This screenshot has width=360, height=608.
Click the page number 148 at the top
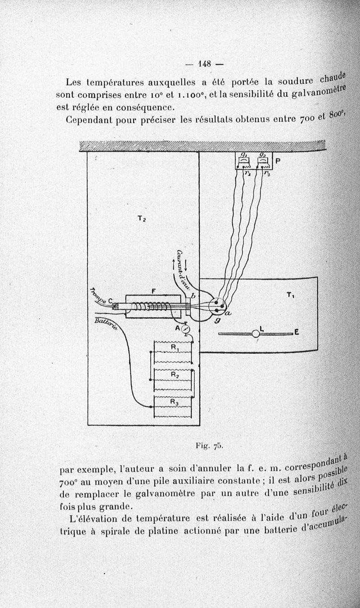tap(204, 63)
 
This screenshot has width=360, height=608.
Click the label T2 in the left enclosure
tap(141, 219)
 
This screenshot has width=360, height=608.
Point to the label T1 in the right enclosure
tap(291, 295)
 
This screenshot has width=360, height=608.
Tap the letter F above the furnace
tap(153, 291)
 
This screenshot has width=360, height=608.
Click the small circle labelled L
tap(256, 333)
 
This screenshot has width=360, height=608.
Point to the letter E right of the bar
tap(296, 333)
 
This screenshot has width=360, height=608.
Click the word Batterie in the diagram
tap(107, 324)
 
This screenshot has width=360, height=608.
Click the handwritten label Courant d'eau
tap(185, 269)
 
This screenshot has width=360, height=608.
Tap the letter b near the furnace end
tap(193, 296)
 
